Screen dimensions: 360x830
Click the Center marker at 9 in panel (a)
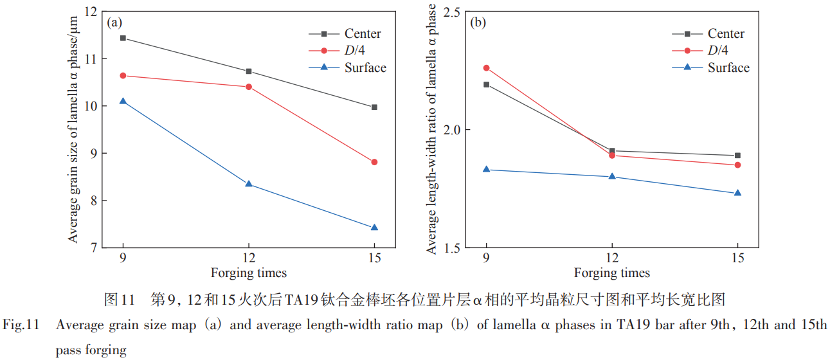click(123, 38)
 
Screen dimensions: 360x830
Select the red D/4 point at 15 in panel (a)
click(374, 162)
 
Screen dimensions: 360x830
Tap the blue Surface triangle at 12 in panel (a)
click(249, 184)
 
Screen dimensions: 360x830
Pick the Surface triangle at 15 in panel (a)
click(374, 228)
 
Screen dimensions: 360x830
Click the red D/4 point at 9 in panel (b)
click(487, 67)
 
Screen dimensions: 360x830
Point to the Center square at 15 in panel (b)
click(737, 156)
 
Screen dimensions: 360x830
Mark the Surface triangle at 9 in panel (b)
click(487, 169)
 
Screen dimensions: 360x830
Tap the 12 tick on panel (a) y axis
click(89, 12)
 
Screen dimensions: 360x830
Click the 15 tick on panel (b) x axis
click(737, 258)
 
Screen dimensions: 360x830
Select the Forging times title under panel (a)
click(248, 273)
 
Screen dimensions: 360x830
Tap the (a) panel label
click(114, 23)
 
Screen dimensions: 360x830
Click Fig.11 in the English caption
click(22, 325)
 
